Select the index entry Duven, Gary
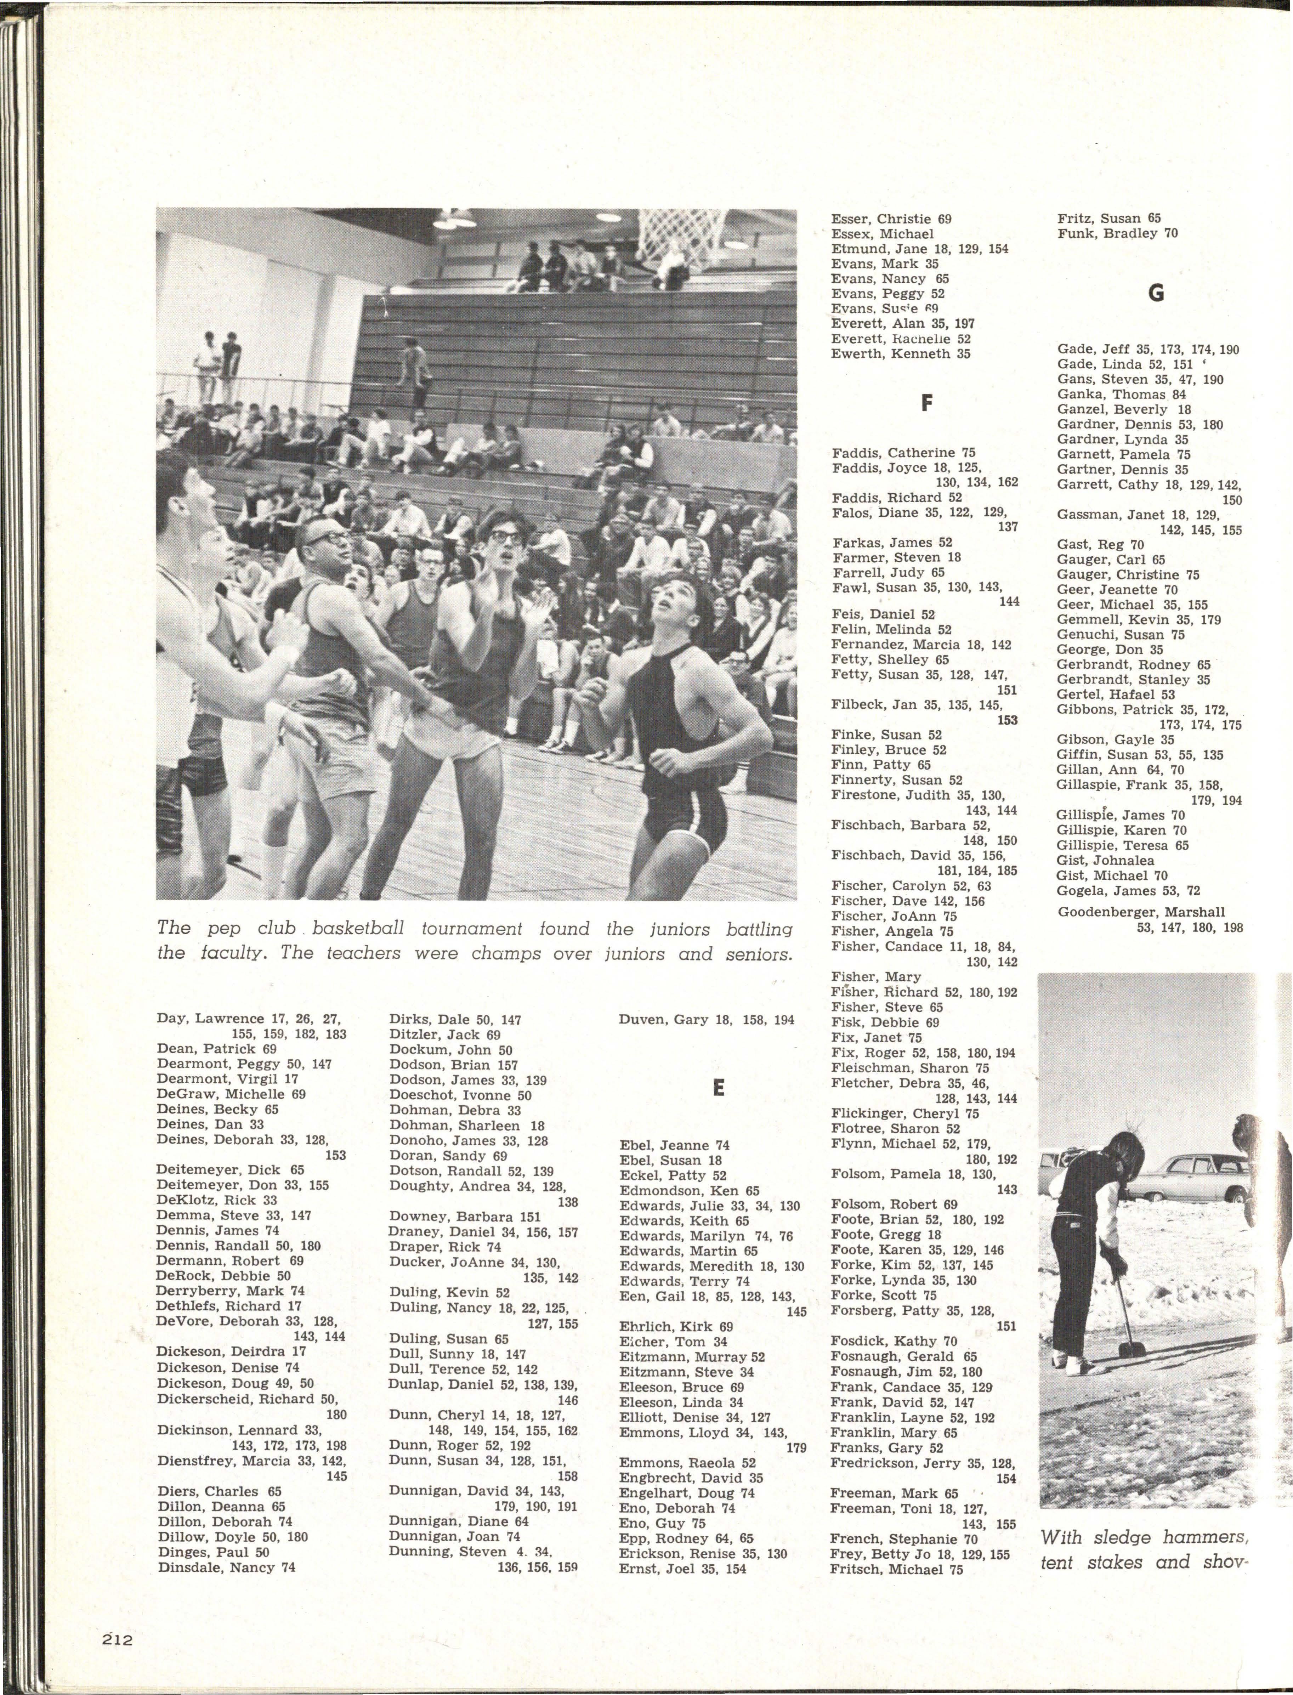[x=706, y=1020]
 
